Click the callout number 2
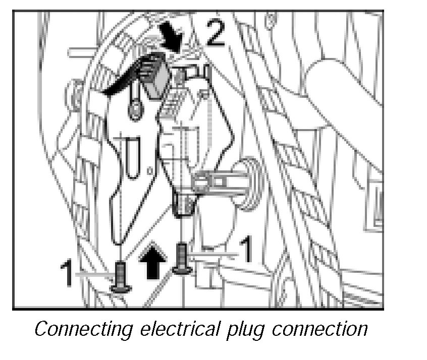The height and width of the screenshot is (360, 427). tap(216, 33)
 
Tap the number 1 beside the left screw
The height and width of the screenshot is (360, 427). tap(67, 273)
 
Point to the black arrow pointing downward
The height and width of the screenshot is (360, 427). tap(171, 36)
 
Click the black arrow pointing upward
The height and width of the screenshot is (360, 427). tap(153, 261)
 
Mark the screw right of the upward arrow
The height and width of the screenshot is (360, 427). tap(182, 259)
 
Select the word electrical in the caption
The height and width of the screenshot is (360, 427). tap(180, 328)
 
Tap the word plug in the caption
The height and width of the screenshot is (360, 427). tap(246, 330)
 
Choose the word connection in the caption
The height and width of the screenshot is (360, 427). tap(319, 329)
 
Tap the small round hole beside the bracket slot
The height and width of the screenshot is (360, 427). tap(150, 171)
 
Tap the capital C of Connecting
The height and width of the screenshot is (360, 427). tap(41, 328)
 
